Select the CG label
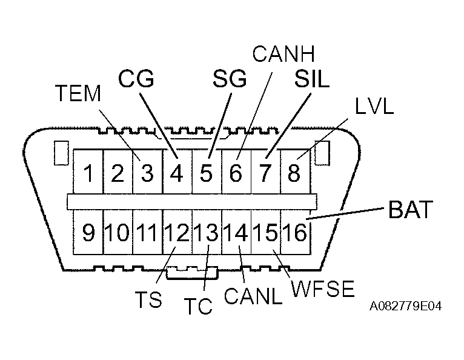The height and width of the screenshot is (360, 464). [136, 79]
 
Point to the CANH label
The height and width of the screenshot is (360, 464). [283, 55]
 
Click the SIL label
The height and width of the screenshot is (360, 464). [311, 79]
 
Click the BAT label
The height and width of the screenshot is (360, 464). [410, 210]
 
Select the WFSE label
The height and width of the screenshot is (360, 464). [322, 289]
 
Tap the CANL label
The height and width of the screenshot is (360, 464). [253, 296]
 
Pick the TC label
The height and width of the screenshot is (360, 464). [197, 306]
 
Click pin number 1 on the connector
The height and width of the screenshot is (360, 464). [88, 174]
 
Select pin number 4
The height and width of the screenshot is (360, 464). [176, 174]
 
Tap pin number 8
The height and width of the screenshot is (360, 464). [294, 174]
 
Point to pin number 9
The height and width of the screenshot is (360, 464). [88, 233]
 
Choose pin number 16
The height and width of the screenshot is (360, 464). [296, 233]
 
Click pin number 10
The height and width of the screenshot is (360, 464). [118, 233]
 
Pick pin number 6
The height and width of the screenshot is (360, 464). [235, 174]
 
